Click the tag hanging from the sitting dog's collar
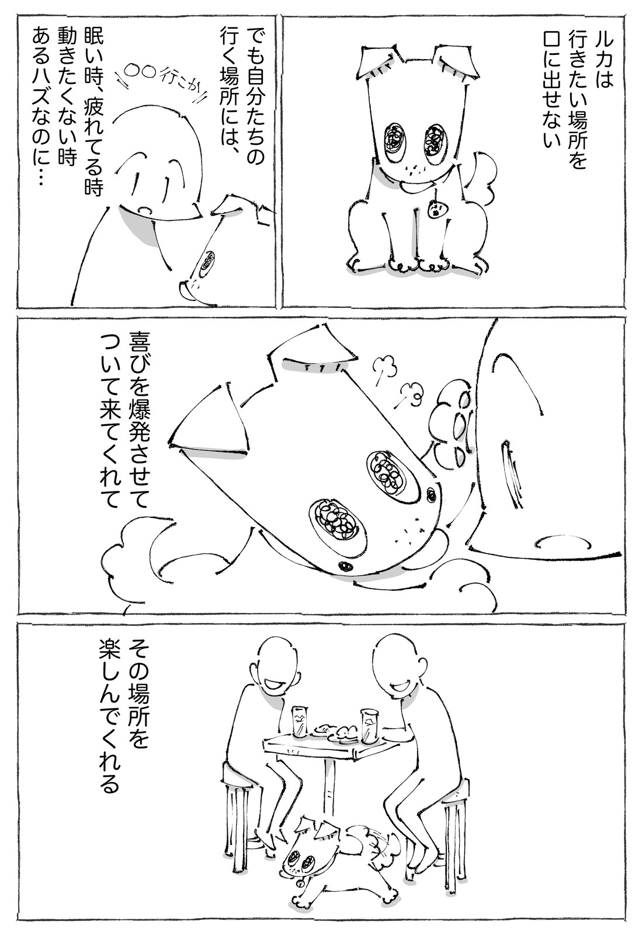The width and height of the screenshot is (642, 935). [x=436, y=209]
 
